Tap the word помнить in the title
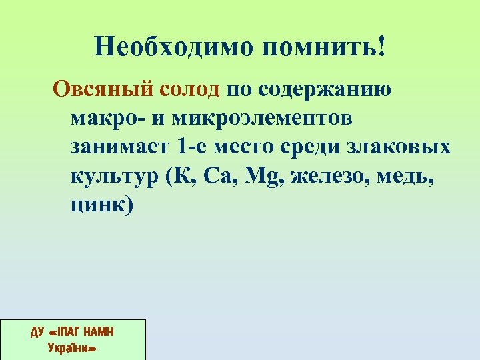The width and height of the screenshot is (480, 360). [314, 47]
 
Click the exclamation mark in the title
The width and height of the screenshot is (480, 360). [381, 47]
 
